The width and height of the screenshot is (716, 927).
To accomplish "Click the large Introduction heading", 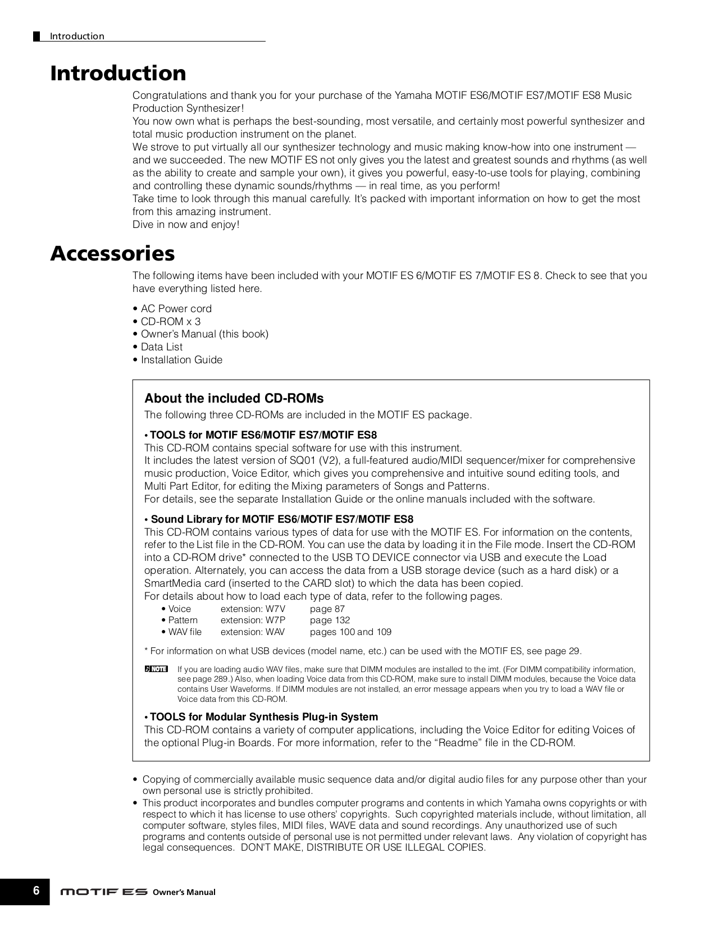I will tap(118, 74).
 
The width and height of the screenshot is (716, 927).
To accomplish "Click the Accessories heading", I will tap(112, 254).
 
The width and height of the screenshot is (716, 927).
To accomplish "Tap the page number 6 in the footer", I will tap(36, 891).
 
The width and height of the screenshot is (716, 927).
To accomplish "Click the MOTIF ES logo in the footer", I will tap(104, 892).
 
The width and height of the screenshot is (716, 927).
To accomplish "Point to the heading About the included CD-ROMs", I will tap(234, 399).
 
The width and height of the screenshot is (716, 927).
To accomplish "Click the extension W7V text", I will tap(253, 609).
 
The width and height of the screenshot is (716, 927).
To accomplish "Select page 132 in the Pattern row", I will tap(330, 620).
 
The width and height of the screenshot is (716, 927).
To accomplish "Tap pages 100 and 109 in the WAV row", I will tap(350, 632).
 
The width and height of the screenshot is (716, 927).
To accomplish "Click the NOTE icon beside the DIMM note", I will tap(156, 669).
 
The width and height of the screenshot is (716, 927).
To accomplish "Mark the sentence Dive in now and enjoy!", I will tap(186, 225).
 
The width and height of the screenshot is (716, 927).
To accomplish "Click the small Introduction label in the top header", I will tap(77, 36).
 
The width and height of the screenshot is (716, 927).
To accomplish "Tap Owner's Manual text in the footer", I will tap(184, 892).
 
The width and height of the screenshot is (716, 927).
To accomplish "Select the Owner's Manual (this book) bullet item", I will tap(204, 335).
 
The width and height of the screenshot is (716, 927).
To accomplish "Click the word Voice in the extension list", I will tap(179, 609).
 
